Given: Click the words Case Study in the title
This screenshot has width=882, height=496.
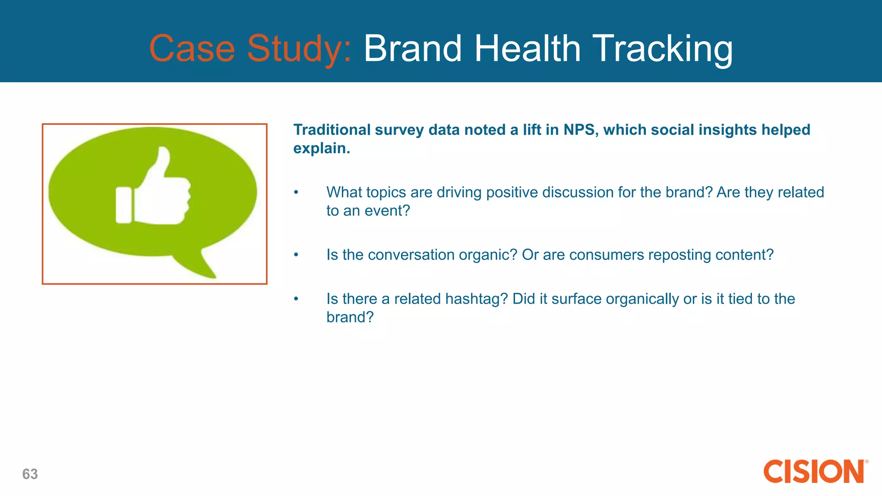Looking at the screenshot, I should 250,49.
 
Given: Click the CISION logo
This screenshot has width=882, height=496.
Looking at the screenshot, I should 814,471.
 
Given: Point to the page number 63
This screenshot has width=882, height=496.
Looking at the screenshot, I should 30,474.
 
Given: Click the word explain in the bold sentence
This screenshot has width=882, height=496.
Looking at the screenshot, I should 321,149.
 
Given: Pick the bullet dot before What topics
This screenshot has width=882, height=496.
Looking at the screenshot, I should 296,192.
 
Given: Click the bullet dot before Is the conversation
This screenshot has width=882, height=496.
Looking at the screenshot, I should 296,255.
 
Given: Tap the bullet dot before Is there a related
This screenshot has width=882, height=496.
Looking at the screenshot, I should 296,299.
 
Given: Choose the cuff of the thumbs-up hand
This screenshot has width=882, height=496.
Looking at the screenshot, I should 124,205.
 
